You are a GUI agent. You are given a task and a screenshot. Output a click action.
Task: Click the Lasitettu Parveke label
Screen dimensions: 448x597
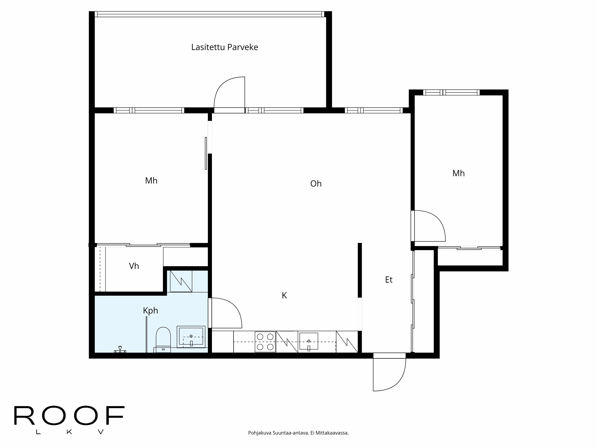[x=225, y=47]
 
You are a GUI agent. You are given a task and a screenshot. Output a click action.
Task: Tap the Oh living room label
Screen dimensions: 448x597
[x=316, y=184]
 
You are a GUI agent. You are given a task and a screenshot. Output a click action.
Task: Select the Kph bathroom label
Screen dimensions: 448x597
[x=150, y=311]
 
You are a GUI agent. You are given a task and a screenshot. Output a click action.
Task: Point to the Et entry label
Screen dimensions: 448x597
[x=389, y=280]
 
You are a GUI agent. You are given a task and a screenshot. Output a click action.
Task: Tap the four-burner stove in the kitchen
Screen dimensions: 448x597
[x=265, y=342]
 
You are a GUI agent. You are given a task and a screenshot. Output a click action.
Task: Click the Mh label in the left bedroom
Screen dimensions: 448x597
[x=151, y=181]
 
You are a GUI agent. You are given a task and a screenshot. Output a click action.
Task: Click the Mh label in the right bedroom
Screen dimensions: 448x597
[x=458, y=173]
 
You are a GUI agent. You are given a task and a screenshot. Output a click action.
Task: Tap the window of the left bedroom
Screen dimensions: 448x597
[x=149, y=110]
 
